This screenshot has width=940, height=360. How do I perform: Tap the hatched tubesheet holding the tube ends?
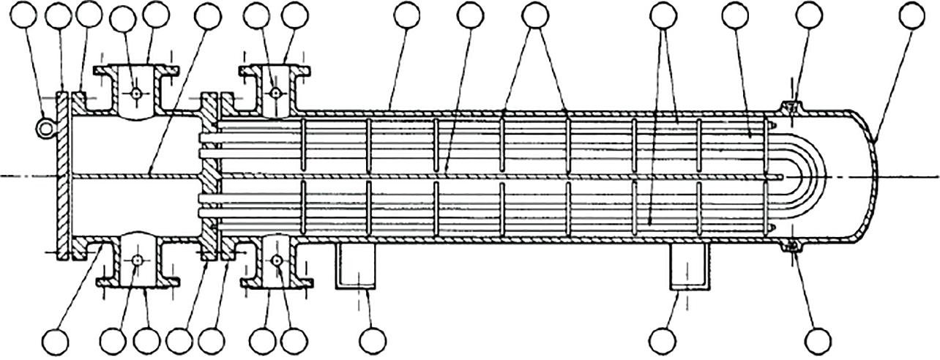(207, 176)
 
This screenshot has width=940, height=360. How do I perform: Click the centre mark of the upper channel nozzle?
(136, 94)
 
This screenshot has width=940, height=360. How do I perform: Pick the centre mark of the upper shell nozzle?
(275, 94)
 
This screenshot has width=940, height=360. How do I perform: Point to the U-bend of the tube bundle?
(805, 176)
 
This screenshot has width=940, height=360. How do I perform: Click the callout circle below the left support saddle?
(372, 339)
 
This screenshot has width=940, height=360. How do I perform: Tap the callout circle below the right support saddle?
(663, 339)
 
